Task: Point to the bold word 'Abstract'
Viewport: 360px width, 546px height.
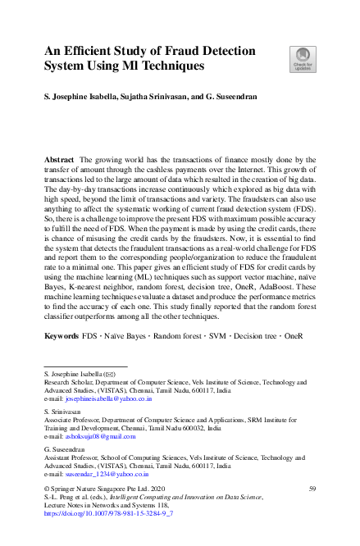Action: pos(60,158)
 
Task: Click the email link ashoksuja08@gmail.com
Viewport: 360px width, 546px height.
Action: pos(99,437)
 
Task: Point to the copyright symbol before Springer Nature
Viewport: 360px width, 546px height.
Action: pos(46,489)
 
